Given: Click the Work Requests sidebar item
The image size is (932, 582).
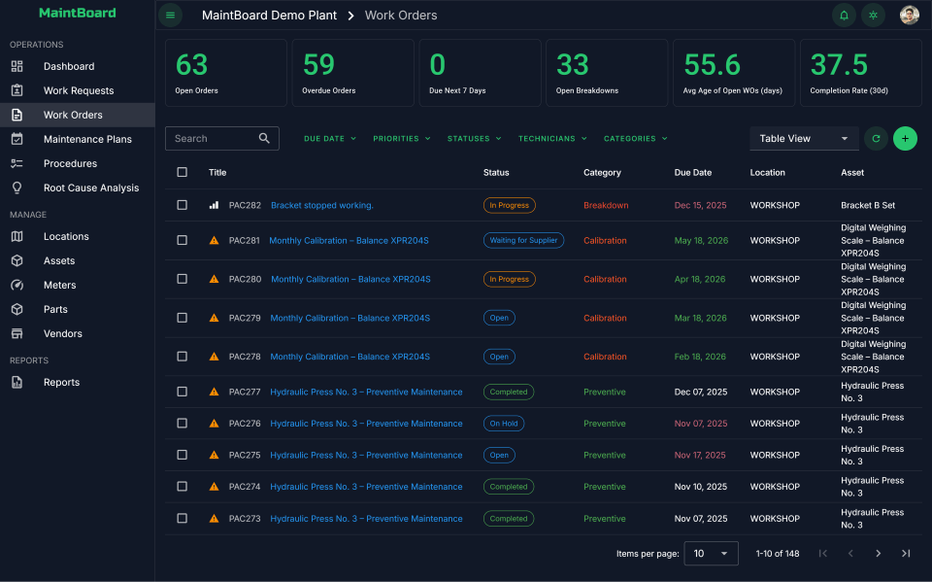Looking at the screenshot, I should pyautogui.click(x=78, y=90).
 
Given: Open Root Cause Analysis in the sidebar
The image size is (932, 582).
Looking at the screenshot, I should pyautogui.click(x=90, y=188).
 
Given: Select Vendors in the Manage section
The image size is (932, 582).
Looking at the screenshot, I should pyautogui.click(x=62, y=333).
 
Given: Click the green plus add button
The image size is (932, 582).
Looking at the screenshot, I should pyautogui.click(x=905, y=139).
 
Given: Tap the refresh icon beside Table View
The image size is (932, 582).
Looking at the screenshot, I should pyautogui.click(x=876, y=139).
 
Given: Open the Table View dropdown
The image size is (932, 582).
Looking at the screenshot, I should pyautogui.click(x=804, y=139).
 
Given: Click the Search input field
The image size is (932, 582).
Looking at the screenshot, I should pyautogui.click(x=212, y=139).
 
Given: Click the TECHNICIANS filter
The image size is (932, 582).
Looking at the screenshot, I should pyautogui.click(x=552, y=139).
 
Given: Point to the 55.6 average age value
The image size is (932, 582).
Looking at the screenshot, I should pyautogui.click(x=712, y=65).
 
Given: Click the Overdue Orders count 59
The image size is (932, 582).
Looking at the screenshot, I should pyautogui.click(x=318, y=65).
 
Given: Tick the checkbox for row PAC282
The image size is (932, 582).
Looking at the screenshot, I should pyautogui.click(x=183, y=205).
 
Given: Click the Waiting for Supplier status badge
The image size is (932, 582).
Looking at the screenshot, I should pyautogui.click(x=523, y=240).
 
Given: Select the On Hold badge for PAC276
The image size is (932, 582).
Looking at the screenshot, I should pyautogui.click(x=504, y=424).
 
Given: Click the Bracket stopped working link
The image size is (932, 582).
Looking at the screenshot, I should pyautogui.click(x=321, y=205).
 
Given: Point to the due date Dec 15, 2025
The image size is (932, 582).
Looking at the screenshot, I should pyautogui.click(x=700, y=205).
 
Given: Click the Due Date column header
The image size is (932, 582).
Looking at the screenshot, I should pyautogui.click(x=692, y=172).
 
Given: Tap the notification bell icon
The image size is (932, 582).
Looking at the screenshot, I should pyautogui.click(x=844, y=15).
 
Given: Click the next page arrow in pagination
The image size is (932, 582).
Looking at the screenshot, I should pyautogui.click(x=878, y=554).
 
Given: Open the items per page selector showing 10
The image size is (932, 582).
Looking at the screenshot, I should pyautogui.click(x=711, y=554).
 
